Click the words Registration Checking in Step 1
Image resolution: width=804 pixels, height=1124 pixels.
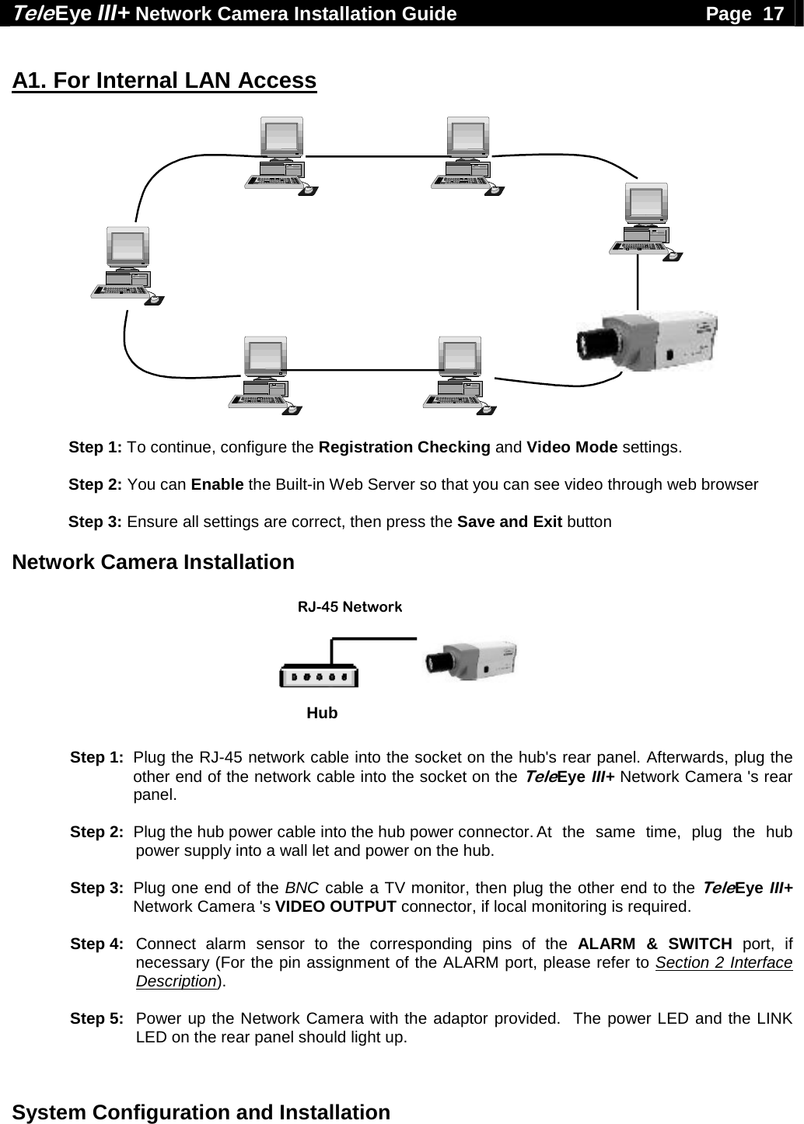click(404, 448)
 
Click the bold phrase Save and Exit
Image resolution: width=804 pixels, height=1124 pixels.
click(509, 522)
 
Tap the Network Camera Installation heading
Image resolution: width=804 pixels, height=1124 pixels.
click(154, 562)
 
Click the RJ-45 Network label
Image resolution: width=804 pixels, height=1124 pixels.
click(350, 606)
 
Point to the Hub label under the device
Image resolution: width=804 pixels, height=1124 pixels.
click(322, 713)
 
